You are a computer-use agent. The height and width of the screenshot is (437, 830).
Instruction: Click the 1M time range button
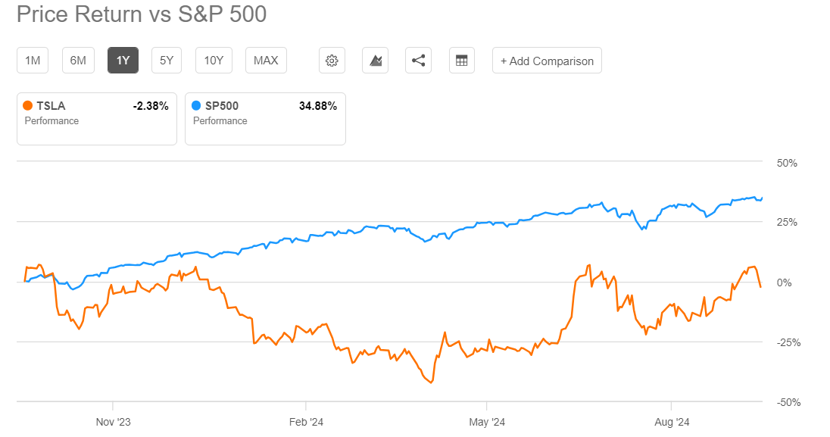click(33, 61)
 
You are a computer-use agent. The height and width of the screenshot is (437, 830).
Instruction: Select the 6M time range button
click(78, 61)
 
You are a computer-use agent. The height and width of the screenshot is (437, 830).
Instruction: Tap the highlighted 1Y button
click(123, 61)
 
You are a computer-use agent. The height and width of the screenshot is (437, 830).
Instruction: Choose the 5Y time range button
click(167, 61)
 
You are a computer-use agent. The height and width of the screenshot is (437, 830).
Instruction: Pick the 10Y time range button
click(214, 61)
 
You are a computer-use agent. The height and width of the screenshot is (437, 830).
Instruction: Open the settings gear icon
click(331, 61)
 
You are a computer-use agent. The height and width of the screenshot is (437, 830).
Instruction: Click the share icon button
click(418, 61)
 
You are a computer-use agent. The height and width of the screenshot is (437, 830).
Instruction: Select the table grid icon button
click(461, 61)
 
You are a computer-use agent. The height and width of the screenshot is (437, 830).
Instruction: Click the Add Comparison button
click(547, 61)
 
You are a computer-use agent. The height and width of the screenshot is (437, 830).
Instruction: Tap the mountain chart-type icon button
click(375, 61)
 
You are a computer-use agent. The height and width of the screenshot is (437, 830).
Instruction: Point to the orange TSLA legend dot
click(28, 106)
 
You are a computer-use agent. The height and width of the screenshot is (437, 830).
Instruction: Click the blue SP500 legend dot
click(196, 106)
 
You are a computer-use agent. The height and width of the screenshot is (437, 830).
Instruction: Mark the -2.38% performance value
click(150, 106)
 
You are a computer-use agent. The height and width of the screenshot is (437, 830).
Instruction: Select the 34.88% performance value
click(318, 106)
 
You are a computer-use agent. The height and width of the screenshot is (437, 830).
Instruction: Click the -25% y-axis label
click(788, 343)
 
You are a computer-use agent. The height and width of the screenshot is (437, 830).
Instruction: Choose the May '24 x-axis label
click(487, 422)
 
